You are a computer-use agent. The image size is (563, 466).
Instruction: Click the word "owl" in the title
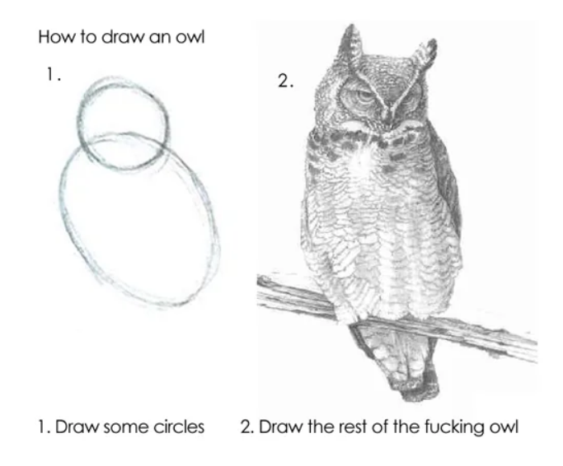click(x=190, y=36)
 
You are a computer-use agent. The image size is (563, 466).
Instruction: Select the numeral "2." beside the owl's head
click(x=286, y=81)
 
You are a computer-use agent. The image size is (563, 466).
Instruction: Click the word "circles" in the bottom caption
click(x=179, y=427)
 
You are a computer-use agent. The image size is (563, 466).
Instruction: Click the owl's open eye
click(x=363, y=96)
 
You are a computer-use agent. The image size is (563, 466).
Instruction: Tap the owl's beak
click(x=387, y=115)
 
